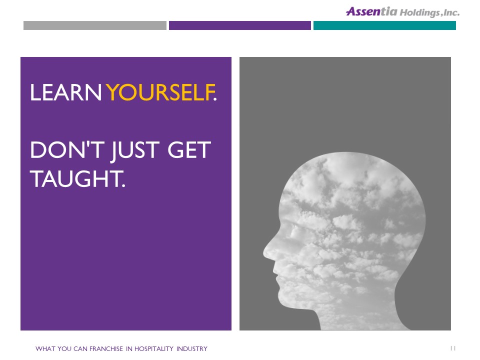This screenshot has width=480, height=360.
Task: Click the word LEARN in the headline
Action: click(65, 92)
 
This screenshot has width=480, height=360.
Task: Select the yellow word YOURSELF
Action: click(160, 92)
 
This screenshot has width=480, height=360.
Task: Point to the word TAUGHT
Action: click(78, 179)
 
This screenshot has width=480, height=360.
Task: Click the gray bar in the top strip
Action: click(95, 25)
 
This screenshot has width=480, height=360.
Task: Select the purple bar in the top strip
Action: click(239, 25)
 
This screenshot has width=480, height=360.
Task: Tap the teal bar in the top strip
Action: click(384, 25)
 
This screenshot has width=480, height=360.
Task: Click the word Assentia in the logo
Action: click(371, 11)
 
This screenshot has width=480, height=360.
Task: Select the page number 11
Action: click(453, 348)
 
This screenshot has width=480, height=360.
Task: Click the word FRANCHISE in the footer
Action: click(106, 348)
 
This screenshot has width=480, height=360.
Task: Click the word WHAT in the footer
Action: click(45, 348)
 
